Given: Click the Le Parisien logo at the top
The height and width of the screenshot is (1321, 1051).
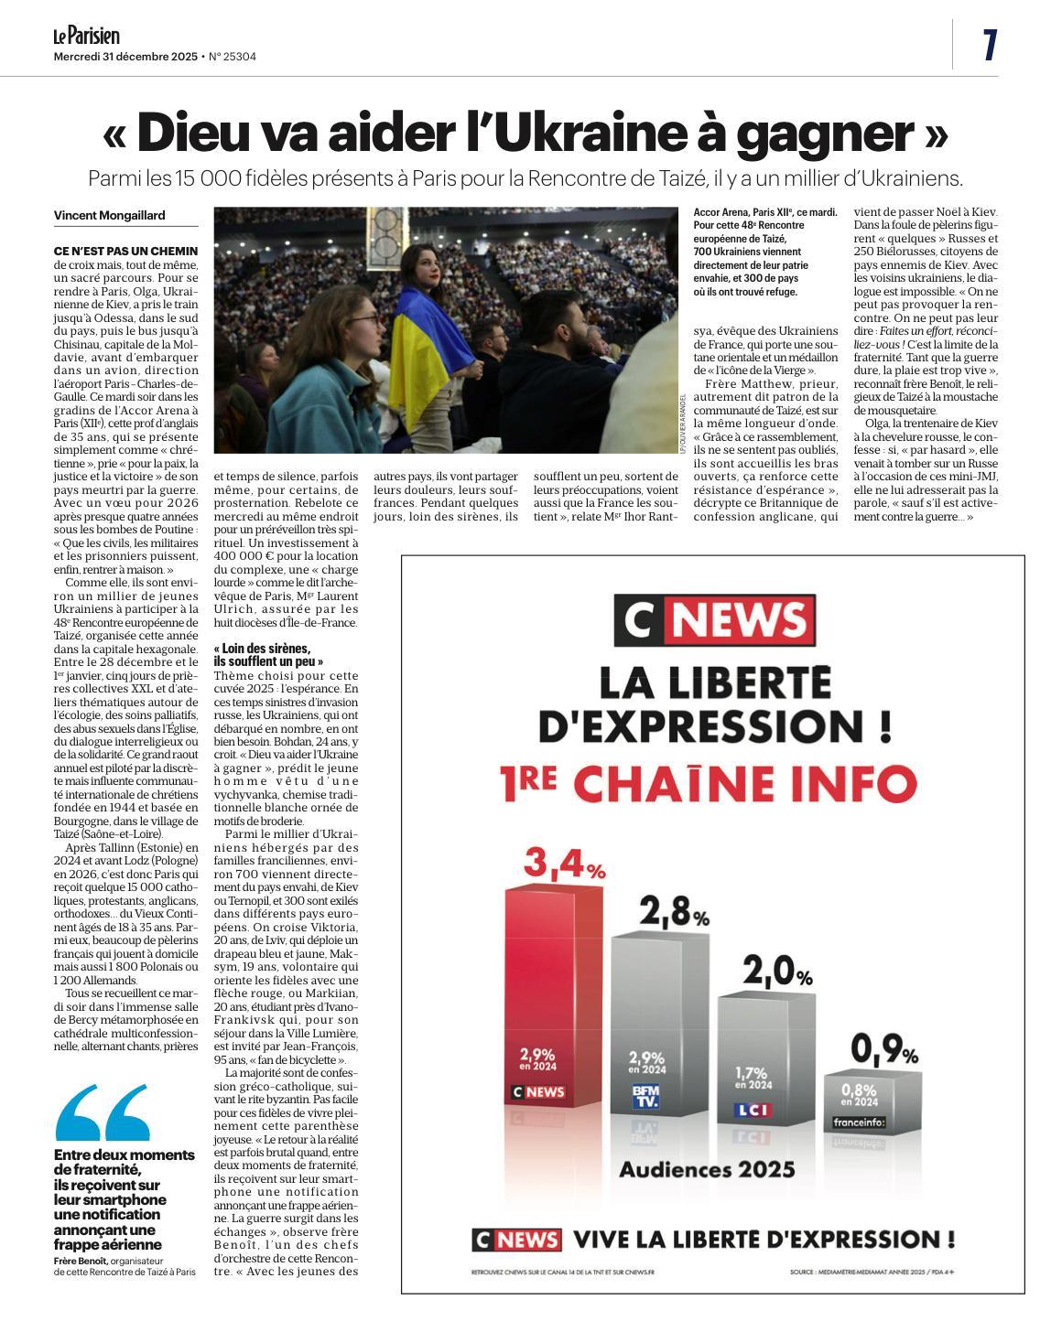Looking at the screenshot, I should [86, 36].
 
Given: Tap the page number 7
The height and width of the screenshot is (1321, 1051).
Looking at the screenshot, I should [989, 45].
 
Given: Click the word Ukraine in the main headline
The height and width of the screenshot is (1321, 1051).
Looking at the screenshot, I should [581, 134].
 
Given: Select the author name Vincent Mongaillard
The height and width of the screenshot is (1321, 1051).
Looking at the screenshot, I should [110, 215].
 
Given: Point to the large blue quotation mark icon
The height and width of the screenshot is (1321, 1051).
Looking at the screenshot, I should [103, 1112].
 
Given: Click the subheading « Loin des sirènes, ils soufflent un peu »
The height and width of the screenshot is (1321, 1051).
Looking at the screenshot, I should [268, 654].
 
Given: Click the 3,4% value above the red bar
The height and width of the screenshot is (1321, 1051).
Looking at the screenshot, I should [564, 864].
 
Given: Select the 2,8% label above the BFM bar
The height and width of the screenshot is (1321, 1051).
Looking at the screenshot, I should [674, 912].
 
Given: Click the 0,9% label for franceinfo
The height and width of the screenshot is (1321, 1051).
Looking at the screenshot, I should [884, 1048].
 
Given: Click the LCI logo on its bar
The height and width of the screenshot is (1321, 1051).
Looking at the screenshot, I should [753, 1110].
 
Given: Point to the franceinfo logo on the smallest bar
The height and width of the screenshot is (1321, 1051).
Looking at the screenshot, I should [859, 1122].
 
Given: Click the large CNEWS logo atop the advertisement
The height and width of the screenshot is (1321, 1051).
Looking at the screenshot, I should [714, 620].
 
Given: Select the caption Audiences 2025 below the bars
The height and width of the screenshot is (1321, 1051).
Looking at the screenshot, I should [707, 1169].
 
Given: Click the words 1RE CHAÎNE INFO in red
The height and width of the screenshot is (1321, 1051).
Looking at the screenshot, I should [709, 783].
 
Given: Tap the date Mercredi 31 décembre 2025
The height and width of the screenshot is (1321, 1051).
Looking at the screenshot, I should [125, 57].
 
